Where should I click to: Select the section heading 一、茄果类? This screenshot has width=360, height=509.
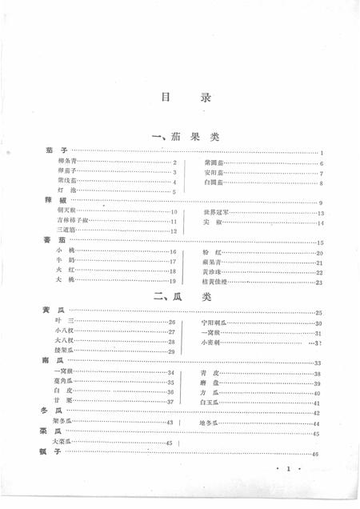185,138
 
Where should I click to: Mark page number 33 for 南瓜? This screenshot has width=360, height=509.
318,363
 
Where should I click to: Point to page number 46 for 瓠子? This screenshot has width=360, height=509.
318,454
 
